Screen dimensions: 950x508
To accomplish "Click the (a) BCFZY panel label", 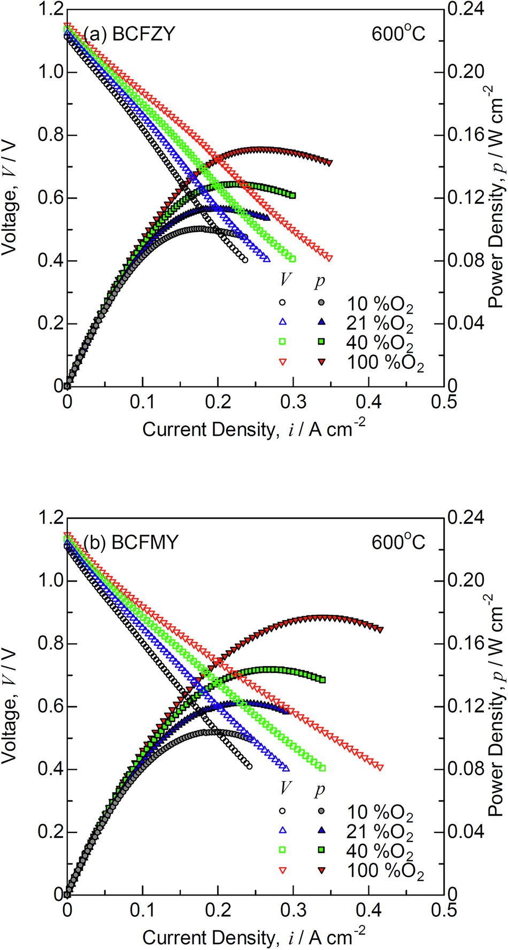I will point(129,35).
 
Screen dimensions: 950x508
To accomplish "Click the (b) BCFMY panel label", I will point(130,543).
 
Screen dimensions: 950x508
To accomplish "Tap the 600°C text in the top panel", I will point(398,35).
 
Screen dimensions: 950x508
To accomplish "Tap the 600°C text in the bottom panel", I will point(398,543).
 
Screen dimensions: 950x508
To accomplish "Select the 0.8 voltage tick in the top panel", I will point(50,135).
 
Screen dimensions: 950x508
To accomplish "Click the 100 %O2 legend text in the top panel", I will point(386,363).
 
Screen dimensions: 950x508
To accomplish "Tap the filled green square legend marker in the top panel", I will point(321,342).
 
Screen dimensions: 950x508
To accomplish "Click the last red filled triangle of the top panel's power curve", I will point(329,163).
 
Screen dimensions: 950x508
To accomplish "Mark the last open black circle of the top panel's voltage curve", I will point(244,260).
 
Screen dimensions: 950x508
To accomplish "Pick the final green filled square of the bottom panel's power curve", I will point(322,679).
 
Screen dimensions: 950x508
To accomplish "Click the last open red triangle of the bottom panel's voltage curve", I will point(380,767).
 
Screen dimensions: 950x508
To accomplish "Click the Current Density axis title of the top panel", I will point(254,429).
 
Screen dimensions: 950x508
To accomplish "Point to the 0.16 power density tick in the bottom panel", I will point(466,643).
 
